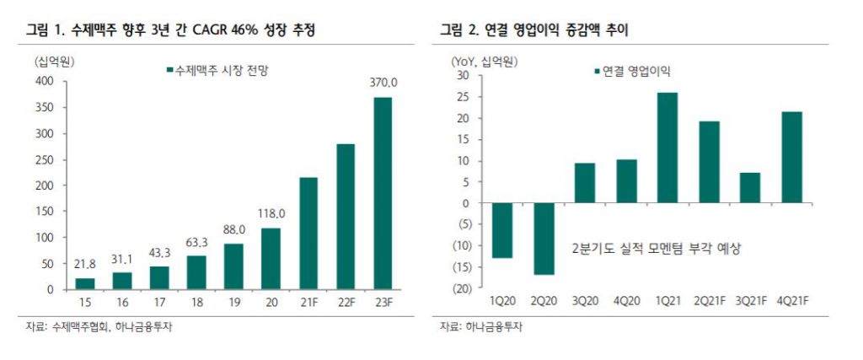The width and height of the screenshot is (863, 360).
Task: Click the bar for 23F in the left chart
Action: click(383, 194)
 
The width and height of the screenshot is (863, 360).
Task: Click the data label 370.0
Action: click(383, 83)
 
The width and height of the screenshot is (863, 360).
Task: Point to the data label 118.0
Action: click(271, 213)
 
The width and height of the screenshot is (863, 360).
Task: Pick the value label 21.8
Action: click(85, 264)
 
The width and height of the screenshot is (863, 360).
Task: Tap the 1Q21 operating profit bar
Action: click(667, 148)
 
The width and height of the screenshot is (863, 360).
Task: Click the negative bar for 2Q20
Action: click(544, 239)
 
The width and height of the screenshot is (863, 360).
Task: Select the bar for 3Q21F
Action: click(749, 188)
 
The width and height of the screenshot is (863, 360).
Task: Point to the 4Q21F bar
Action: click(791, 158)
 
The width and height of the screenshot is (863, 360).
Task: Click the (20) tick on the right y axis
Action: click(459, 289)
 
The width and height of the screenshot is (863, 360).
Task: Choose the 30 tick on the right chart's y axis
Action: click(463, 75)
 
